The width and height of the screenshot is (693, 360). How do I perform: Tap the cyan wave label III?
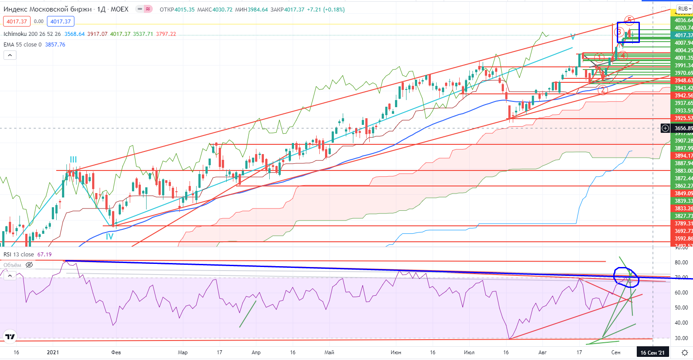pyautogui.click(x=73, y=160)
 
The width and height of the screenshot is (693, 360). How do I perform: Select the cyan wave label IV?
pyautogui.click(x=109, y=236)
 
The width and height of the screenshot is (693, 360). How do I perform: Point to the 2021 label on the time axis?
pyautogui.click(x=53, y=352)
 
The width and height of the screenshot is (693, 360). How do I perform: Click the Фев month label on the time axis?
pyautogui.click(x=116, y=352)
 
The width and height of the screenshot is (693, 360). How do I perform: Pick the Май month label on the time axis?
pyautogui.click(x=329, y=352)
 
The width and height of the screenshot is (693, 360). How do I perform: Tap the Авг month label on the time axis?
pyautogui.click(x=542, y=352)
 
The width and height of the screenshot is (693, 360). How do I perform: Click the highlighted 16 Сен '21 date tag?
pyautogui.click(x=652, y=352)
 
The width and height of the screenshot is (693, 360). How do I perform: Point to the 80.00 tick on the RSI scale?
pyautogui.click(x=681, y=263)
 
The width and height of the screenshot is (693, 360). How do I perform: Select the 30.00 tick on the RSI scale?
pyautogui.click(x=681, y=338)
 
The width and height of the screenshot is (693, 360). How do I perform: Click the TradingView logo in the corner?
pyautogui.click(x=10, y=337)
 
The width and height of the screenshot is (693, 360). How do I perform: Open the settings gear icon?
pyautogui.click(x=685, y=352)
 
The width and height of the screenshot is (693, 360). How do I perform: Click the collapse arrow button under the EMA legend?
pyautogui.click(x=10, y=55)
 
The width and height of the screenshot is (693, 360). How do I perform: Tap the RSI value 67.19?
pyautogui.click(x=44, y=255)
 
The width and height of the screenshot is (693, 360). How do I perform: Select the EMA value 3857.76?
pyautogui.click(x=55, y=45)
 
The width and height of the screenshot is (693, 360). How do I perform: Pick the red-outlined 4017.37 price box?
pyautogui.click(x=17, y=21)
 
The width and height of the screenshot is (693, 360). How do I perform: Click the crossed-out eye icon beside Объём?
pyautogui.click(x=29, y=265)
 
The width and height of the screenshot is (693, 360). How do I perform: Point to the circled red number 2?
pyautogui.click(x=603, y=90)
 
